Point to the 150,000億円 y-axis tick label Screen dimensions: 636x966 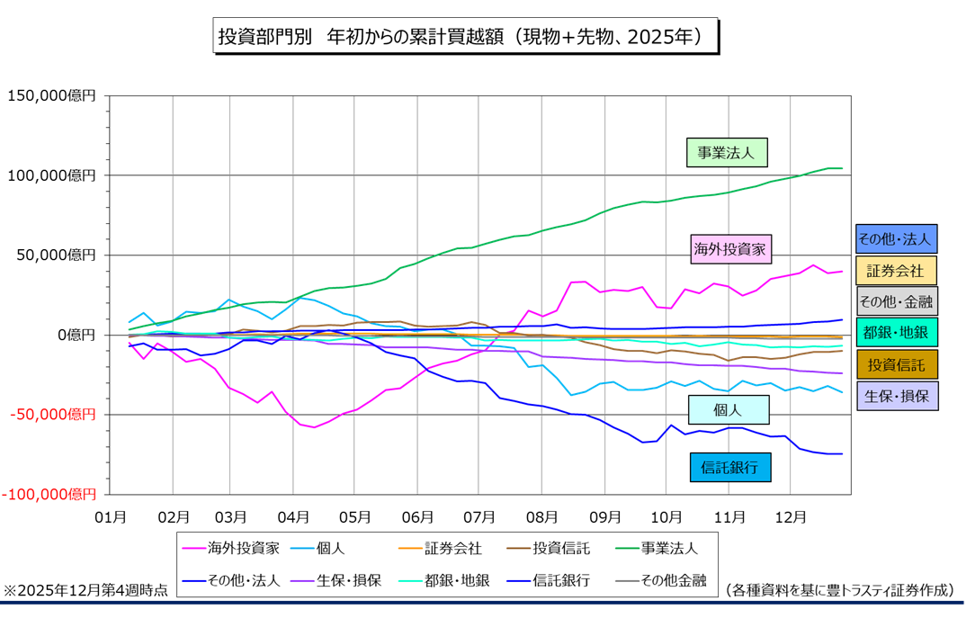point(50,95)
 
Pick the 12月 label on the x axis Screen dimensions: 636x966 point(789,517)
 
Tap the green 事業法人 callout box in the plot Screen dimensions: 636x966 point(727,152)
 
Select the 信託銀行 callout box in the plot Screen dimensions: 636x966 point(730,467)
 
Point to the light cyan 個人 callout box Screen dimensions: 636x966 point(728,409)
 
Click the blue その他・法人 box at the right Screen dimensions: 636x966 point(896,238)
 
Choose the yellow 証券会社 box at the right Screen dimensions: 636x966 point(896,270)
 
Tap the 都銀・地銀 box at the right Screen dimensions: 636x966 point(896,333)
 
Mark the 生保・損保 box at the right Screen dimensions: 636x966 point(896,396)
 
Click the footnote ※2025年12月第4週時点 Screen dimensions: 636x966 point(85,590)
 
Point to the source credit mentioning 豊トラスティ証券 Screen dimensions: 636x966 point(839,590)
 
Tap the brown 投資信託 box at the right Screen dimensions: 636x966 point(896,364)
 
